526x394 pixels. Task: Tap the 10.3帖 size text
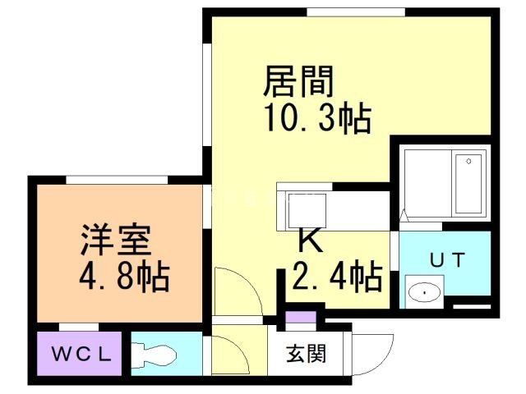pyautogui.click(x=316, y=120)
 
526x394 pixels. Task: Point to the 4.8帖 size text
pyautogui.click(x=124, y=277)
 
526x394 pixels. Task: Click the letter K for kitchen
pyautogui.click(x=308, y=241)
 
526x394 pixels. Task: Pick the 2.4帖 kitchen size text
pyautogui.click(x=337, y=277)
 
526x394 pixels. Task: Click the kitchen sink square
pyautogui.click(x=306, y=208)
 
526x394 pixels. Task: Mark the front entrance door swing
pyautogui.click(x=374, y=353)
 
